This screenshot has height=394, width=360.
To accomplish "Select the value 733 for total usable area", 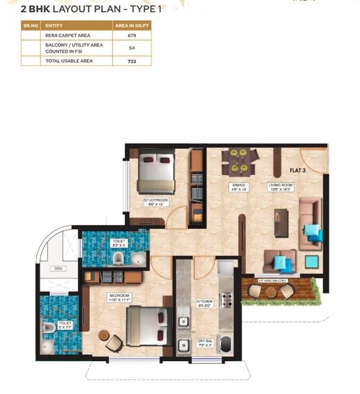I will [131, 61].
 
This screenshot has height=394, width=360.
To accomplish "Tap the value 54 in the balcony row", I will [131, 48].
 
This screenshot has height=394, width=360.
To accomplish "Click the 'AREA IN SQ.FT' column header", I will [131, 25].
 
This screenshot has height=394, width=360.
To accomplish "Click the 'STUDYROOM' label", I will [155, 201].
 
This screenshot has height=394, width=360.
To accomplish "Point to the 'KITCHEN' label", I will [205, 302].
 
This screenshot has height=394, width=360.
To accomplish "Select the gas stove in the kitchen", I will [227, 300].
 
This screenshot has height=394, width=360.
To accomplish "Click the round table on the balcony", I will [271, 292].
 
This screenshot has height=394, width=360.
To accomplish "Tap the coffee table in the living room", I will [281, 222].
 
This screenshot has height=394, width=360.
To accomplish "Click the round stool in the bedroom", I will [103, 335].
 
